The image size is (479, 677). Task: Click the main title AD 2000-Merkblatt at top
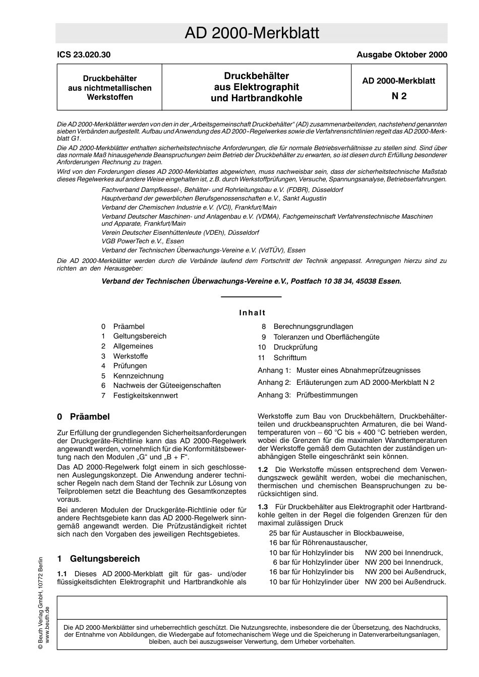click(x=252, y=33)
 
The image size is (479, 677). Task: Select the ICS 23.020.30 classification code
click(x=84, y=55)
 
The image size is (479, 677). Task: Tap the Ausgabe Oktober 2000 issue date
click(x=401, y=55)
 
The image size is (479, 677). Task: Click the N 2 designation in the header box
click(x=399, y=96)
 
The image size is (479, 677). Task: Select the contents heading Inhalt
click(x=252, y=313)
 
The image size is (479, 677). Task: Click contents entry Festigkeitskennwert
click(x=145, y=395)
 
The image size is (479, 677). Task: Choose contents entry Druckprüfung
click(x=295, y=347)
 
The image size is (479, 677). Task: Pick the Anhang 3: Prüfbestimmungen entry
click(x=308, y=395)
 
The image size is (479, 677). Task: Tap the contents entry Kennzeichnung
click(x=138, y=376)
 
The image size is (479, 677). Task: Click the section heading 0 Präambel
click(x=83, y=417)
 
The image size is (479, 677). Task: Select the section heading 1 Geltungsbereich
click(x=98, y=559)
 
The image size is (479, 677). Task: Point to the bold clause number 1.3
click(x=263, y=506)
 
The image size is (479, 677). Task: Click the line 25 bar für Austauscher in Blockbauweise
click(x=336, y=533)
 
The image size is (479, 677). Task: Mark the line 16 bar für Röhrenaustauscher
click(x=318, y=543)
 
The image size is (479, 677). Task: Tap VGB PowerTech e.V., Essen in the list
click(x=143, y=241)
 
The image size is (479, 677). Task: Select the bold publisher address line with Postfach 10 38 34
click(x=252, y=281)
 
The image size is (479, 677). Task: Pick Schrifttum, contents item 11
click(x=290, y=358)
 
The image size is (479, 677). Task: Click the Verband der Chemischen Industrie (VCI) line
click(x=189, y=207)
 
